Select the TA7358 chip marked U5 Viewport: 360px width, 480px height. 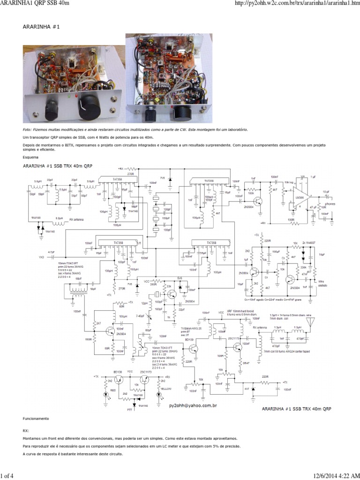coord(116,243)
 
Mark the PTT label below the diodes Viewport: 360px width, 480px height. coord(130,409)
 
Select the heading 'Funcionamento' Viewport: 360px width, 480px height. coord(36,418)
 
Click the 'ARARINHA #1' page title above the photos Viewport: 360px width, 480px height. coord(41,27)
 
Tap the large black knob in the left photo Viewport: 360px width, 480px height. coord(87,112)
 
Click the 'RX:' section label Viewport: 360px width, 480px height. coord(26,429)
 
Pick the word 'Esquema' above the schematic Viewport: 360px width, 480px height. coord(30,157)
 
